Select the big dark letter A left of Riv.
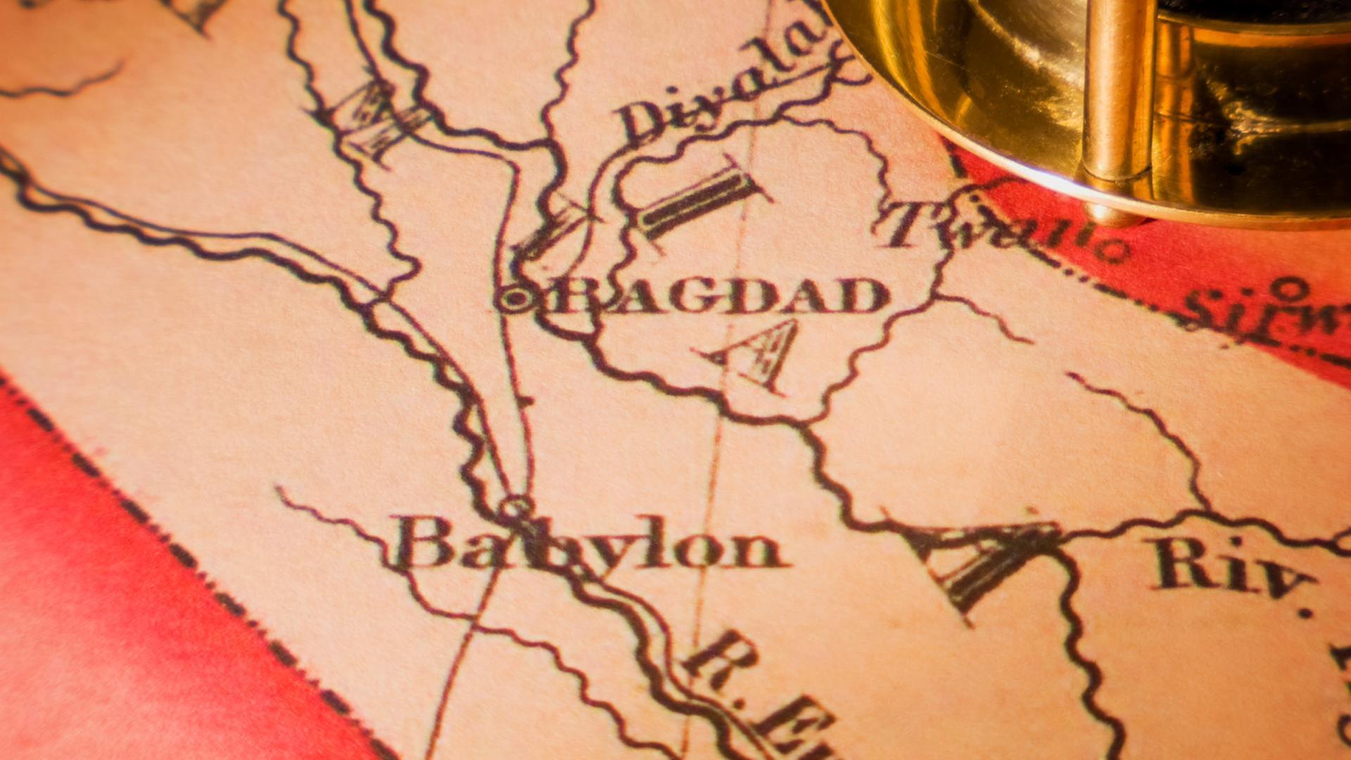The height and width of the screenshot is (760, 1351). coord(985,563)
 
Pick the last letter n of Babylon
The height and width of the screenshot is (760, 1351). coord(760,549)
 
